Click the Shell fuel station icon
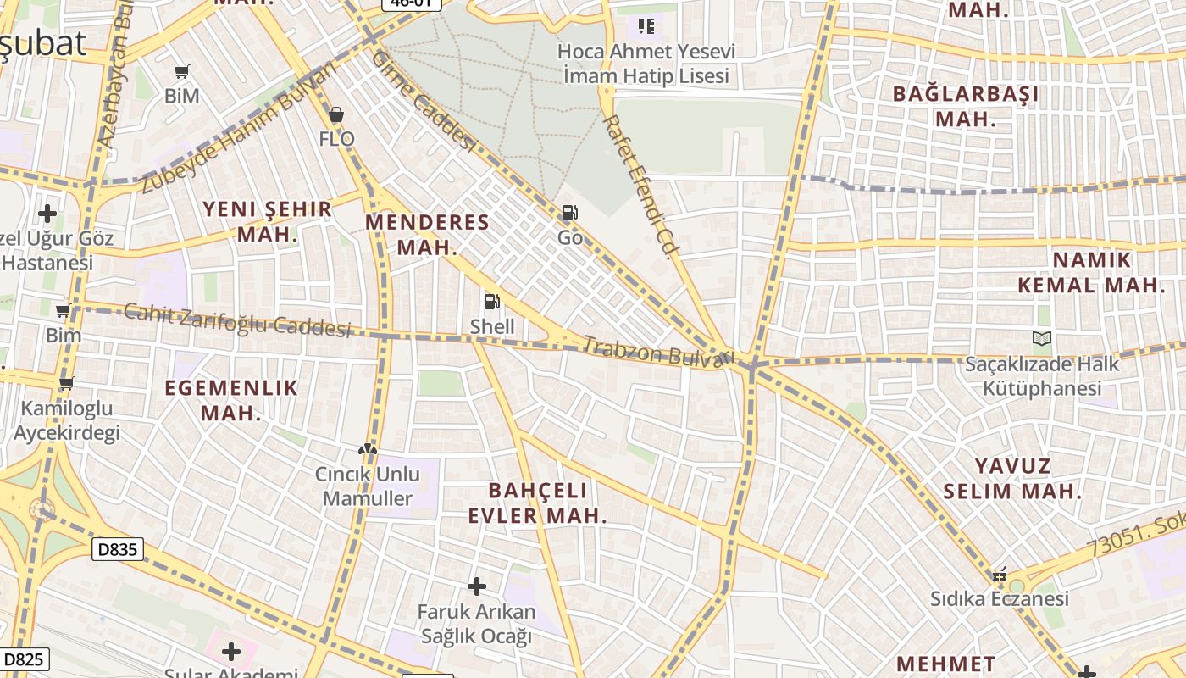click(x=491, y=302)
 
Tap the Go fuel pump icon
click(x=570, y=213)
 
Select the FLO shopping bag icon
click(x=336, y=114)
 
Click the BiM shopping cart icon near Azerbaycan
click(x=181, y=71)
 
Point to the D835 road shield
click(x=118, y=549)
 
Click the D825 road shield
click(x=24, y=659)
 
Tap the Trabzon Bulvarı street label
click(x=657, y=352)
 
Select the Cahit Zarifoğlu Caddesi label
click(x=237, y=320)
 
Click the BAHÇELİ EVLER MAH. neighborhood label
click(x=538, y=503)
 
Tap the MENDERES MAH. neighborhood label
click(x=427, y=235)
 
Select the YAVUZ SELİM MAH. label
click(x=1012, y=478)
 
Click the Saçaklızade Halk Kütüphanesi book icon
click(x=1042, y=339)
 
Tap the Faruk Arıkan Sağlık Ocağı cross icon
click(x=477, y=586)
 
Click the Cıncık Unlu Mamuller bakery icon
click(x=368, y=449)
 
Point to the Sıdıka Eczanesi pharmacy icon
click(x=1000, y=575)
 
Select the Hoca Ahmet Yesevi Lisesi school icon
click(x=646, y=26)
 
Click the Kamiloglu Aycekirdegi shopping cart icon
click(x=66, y=383)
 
